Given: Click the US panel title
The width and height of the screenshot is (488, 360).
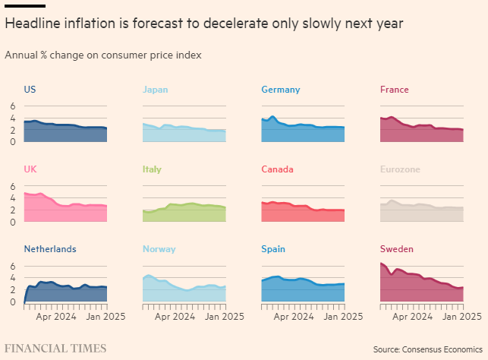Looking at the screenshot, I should [30, 90].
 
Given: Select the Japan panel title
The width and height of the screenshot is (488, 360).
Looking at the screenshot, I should [155, 90].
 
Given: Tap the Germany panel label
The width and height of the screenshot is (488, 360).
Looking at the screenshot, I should [280, 90].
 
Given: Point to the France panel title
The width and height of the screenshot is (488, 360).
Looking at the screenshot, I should [394, 90].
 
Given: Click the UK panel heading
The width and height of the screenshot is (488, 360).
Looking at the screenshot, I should [30, 169].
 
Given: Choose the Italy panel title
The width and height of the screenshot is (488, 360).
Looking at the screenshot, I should [152, 169].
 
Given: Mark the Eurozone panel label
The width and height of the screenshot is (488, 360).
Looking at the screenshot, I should [400, 169].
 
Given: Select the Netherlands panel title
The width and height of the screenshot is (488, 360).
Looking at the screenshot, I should [49, 249].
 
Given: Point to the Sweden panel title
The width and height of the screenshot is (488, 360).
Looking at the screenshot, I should [397, 249].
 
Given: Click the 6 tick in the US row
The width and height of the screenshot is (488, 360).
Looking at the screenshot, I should [13, 106].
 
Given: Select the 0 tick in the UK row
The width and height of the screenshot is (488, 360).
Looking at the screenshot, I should [13, 222].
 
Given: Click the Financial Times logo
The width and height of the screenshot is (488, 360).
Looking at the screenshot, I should [55, 348].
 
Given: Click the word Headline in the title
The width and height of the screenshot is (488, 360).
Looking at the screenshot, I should [33, 24].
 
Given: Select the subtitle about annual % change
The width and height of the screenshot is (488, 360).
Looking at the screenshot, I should [103, 55].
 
